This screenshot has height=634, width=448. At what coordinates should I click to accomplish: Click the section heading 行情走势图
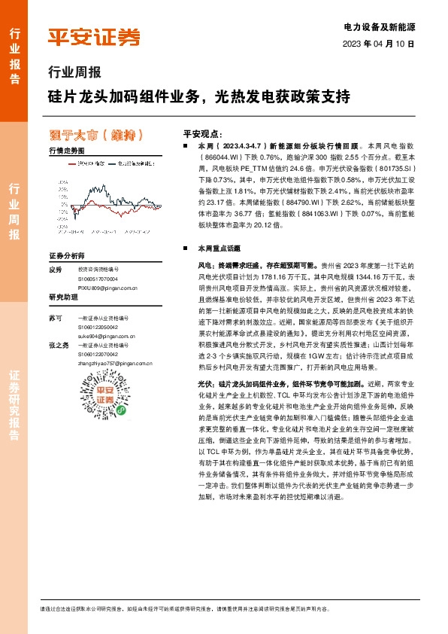click(65, 151)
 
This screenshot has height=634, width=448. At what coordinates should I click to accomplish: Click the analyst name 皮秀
click(54, 269)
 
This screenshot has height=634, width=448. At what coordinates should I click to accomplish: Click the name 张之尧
click(58, 345)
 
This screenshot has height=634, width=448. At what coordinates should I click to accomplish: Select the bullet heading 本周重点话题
click(219, 247)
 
